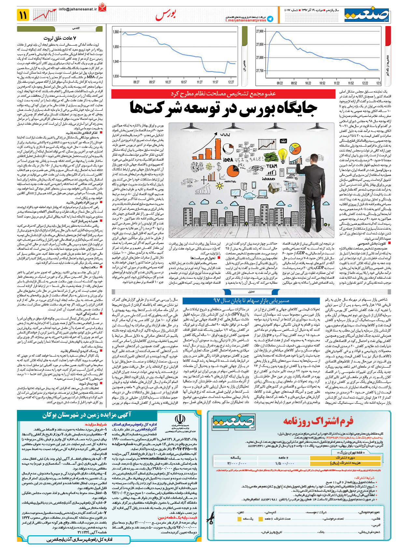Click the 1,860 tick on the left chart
coord(116,32)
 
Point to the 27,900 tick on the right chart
coord(260,31)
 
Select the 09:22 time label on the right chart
coord(280,83)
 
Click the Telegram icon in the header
coord(270,19)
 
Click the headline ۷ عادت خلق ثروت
coord(60,38)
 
